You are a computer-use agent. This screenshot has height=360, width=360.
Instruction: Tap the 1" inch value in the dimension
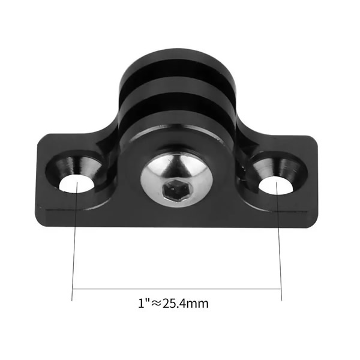[142, 303]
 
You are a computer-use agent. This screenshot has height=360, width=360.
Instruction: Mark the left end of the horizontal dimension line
[73, 289]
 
